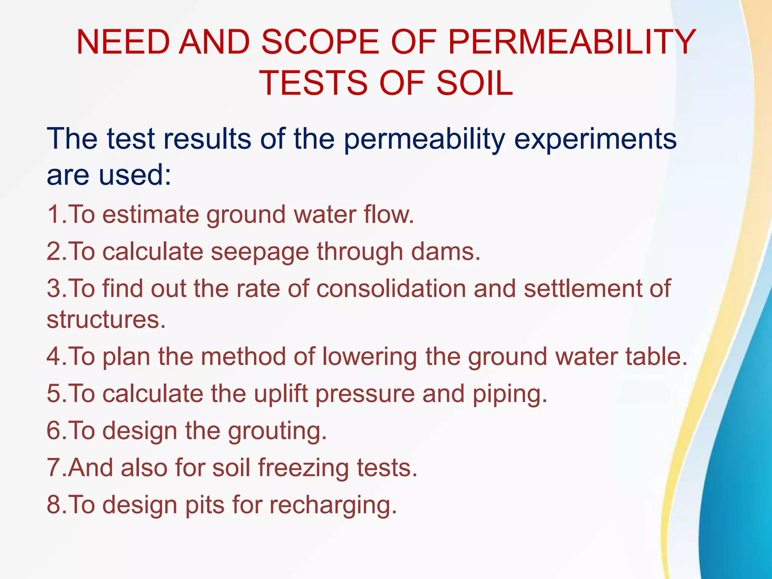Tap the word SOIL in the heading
point(475,83)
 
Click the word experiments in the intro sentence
point(595,139)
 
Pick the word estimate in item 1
point(151,214)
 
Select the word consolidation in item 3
point(391,288)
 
